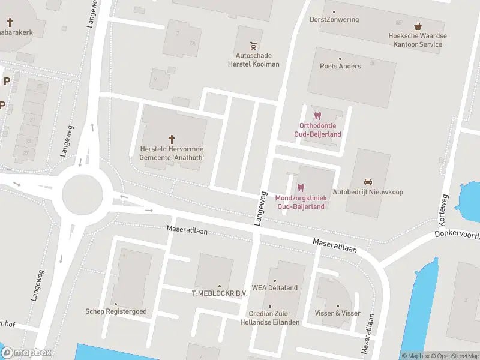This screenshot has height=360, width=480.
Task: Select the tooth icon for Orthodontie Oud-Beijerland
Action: (x=318, y=115)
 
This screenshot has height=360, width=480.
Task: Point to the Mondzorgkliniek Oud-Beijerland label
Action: (x=301, y=202)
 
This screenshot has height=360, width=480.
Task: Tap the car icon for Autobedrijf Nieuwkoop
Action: (x=368, y=181)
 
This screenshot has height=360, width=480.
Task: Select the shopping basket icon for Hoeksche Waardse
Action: (x=418, y=26)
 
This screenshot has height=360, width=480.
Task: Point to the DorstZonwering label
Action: (x=334, y=19)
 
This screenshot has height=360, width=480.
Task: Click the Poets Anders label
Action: (x=340, y=66)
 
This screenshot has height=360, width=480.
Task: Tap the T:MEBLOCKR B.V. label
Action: (x=220, y=293)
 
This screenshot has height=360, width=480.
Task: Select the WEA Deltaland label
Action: (x=275, y=288)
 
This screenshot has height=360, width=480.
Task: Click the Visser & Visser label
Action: (x=337, y=313)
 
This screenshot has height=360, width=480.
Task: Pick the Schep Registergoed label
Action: (x=116, y=311)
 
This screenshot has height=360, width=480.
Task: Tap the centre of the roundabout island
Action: (x=83, y=193)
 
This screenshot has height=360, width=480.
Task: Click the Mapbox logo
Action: (x=26, y=353)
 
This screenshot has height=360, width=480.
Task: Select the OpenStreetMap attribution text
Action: (x=454, y=356)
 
